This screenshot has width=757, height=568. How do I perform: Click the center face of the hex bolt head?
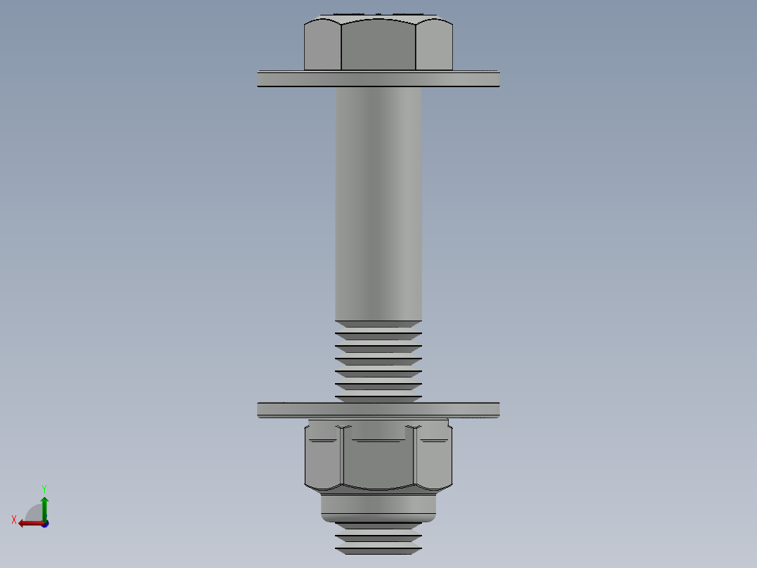[x=378, y=46]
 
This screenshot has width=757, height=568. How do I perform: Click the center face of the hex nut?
[x=378, y=460]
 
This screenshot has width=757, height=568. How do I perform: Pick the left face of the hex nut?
[x=323, y=460]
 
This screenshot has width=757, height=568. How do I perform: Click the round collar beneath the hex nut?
[x=378, y=508]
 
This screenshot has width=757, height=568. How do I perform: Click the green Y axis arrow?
[x=44, y=506]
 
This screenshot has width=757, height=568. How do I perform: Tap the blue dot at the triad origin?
[x=44, y=524]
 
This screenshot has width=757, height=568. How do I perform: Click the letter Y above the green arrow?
[x=44, y=488]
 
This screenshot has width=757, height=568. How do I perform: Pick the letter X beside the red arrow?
[x=14, y=520]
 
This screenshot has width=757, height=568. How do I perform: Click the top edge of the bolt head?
[x=378, y=15]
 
